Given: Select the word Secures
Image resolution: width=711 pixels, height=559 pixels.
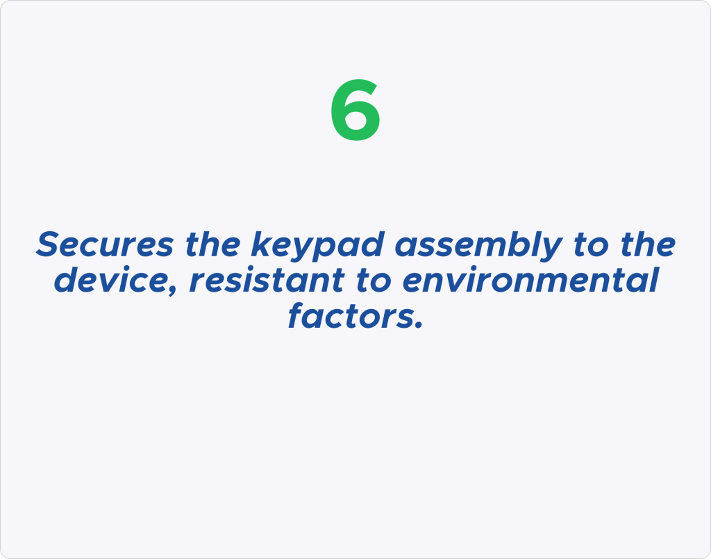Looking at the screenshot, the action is tap(105, 245).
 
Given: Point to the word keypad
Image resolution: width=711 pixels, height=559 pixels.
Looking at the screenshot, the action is tap(317, 247).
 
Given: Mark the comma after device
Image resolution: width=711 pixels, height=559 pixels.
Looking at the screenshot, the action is tap(172, 291).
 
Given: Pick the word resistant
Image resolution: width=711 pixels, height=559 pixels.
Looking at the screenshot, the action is tap(267, 280).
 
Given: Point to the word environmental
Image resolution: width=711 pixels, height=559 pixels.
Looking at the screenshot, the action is tap(530, 280).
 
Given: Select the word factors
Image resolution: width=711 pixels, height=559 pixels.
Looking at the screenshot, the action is tap(349, 315).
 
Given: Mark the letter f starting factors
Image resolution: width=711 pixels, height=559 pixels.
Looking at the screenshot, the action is tap(296, 315).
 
